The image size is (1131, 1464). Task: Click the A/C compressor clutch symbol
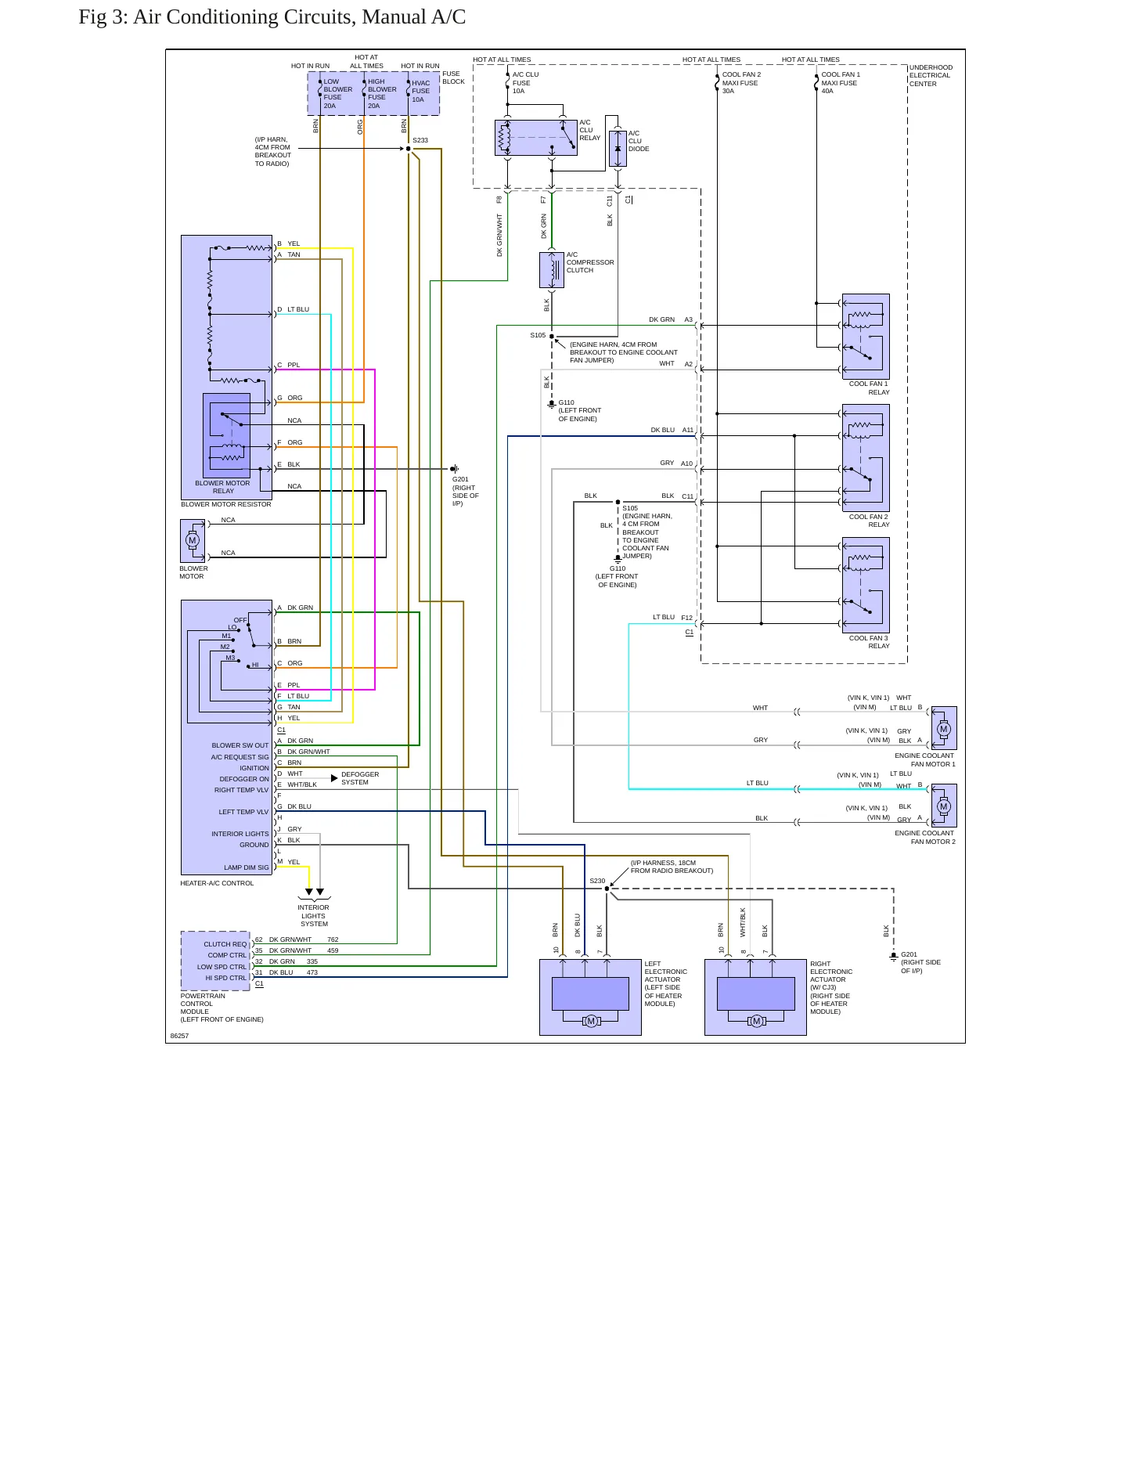pos(552,270)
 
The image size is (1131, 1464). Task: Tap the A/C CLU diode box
pos(618,148)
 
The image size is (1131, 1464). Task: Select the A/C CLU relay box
pos(536,138)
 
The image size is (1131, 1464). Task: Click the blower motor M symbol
pos(193,540)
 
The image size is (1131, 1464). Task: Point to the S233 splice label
pos(420,141)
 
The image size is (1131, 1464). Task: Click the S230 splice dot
pos(607,889)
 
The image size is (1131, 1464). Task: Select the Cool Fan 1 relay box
pos(866,337)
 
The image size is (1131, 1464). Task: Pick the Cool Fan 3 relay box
pos(866,585)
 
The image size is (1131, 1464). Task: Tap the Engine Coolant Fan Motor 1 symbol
pos(944,728)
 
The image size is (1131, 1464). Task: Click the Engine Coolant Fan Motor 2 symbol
pos(944,806)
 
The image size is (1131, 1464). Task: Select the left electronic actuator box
pos(590,997)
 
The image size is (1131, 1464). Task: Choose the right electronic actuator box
pos(755,997)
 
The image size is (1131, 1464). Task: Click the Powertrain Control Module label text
pos(222,1008)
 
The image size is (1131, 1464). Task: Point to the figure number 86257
pos(179,1036)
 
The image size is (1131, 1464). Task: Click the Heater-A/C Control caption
pos(217,883)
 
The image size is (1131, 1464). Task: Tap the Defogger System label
pos(360,778)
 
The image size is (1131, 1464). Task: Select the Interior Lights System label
pos(313,916)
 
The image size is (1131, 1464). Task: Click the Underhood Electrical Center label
pos(931,76)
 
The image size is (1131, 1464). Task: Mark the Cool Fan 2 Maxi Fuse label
pos(741,83)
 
